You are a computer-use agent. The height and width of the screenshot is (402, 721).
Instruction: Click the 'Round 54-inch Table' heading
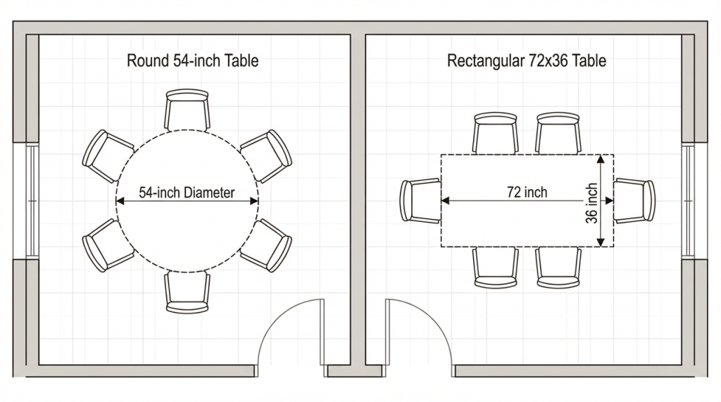point(192,61)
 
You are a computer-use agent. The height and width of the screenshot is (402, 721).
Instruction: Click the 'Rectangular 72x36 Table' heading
point(526,61)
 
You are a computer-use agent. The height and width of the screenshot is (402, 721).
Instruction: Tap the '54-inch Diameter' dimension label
point(187,192)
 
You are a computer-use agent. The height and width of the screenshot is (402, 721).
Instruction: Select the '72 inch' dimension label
point(527,191)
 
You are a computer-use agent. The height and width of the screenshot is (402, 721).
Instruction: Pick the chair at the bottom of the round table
point(187,292)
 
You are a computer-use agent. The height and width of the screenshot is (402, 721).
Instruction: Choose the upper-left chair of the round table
point(108,156)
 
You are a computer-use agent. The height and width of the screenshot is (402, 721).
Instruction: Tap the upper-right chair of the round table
point(266,156)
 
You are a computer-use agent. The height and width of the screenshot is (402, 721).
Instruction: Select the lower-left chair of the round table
point(108,245)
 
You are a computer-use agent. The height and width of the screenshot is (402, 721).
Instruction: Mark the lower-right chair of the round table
point(266,245)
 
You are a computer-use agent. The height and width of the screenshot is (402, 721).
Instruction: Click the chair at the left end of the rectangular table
point(420,201)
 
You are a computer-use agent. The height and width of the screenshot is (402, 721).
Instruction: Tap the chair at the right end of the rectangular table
point(634,201)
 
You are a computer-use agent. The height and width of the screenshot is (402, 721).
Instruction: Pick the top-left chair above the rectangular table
point(495,132)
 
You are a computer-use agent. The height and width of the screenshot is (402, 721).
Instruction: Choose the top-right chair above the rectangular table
point(558,132)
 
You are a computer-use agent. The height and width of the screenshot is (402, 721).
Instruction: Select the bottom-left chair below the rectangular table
point(495,268)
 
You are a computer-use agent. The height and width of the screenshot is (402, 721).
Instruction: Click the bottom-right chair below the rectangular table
point(558,268)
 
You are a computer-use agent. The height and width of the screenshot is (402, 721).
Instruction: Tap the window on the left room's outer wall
point(32,201)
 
